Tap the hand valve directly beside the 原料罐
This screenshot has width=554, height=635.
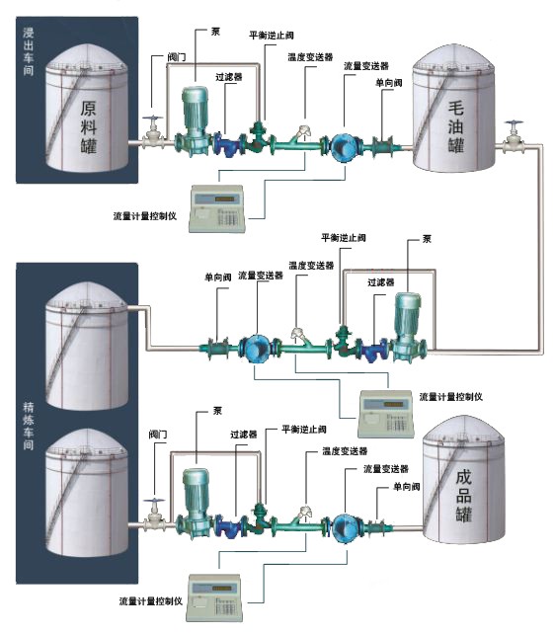coord(153,132)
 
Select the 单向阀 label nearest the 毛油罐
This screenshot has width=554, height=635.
coord(388,83)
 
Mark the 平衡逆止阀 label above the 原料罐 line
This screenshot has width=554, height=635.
coord(266,36)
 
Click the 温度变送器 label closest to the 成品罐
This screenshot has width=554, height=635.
coord(339,451)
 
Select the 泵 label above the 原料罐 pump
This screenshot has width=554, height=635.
coord(215,31)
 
